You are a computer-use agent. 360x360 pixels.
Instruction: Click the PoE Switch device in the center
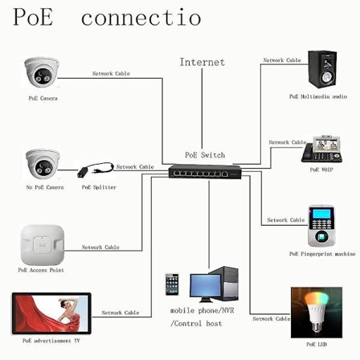pyautogui.click(x=206, y=171)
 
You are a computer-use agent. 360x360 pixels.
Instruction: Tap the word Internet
pyautogui.click(x=202, y=62)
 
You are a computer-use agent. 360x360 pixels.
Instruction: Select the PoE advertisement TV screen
pyautogui.click(x=50, y=314)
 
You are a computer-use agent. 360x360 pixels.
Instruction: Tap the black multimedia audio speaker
pyautogui.click(x=322, y=72)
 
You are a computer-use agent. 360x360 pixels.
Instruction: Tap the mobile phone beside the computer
pyautogui.click(x=172, y=286)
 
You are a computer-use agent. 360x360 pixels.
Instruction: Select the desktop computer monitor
pyautogui.click(x=208, y=285)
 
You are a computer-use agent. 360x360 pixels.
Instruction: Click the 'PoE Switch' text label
pyautogui.click(x=205, y=154)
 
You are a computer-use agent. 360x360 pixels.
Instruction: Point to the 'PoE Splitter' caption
pyautogui.click(x=99, y=187)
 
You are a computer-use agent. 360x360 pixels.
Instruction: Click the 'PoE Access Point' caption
pyautogui.click(x=41, y=270)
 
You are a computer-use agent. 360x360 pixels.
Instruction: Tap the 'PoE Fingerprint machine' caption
pyautogui.click(x=322, y=253)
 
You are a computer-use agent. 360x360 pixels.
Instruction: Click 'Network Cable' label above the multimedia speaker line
pyautogui.click(x=282, y=60)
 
